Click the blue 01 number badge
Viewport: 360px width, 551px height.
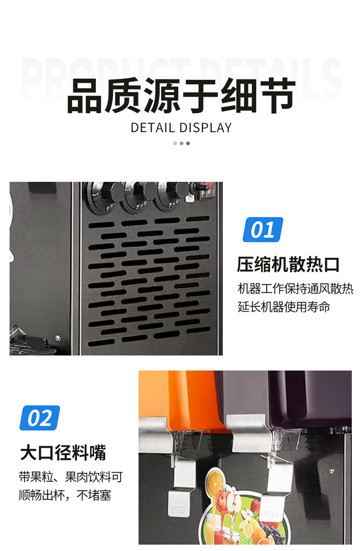tap(262, 230)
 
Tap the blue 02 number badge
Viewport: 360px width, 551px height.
tap(40, 418)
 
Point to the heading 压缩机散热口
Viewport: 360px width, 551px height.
tap(288, 264)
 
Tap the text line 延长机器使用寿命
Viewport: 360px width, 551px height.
tap(283, 307)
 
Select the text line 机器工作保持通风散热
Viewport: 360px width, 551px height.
tap(295, 288)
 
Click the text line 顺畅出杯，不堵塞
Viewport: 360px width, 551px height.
tap(65, 495)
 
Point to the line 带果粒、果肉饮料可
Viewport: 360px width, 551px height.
tap(71, 477)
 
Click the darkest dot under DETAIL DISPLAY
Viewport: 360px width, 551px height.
tap(188, 143)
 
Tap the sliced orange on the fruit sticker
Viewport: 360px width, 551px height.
tap(215, 480)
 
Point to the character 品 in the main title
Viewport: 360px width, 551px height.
tap(85, 97)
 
